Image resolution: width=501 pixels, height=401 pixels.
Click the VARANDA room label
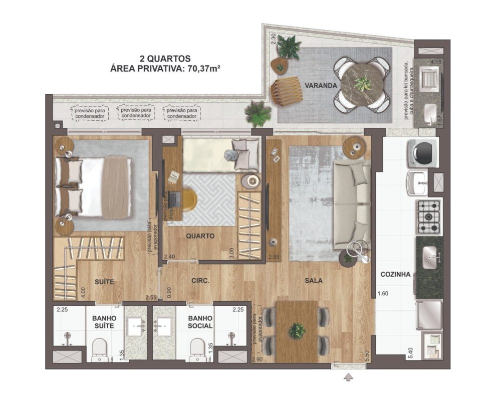[321, 86]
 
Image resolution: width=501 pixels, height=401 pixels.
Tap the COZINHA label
[395, 274]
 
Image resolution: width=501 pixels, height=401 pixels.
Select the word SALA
[314, 281]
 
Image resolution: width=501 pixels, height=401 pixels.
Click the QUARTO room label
[200, 236]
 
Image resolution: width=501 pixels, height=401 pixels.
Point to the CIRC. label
[200, 281]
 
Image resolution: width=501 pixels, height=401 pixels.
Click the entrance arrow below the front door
[348, 377]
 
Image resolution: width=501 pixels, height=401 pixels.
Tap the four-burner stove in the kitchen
[429, 217]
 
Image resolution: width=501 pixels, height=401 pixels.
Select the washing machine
[422, 153]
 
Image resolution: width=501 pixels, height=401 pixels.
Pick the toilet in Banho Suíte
[99, 350]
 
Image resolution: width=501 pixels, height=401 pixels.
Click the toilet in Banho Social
[197, 350]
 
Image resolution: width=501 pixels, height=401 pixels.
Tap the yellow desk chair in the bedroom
[188, 200]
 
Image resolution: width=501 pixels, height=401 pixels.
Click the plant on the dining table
[297, 331]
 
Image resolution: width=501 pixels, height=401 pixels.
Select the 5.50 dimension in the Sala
[367, 356]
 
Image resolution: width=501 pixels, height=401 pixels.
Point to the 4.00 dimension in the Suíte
[83, 293]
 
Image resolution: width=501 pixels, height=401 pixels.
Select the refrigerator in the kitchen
[429, 315]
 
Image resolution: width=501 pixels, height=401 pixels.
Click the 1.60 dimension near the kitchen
[383, 293]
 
